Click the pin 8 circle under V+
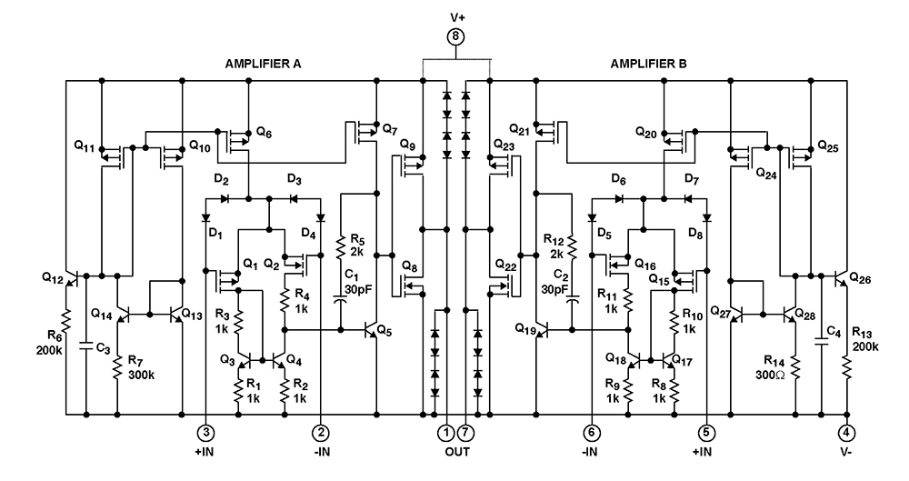[x=456, y=37]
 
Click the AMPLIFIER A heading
[x=263, y=65]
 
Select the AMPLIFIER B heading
[x=649, y=65]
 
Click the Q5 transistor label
[x=385, y=329]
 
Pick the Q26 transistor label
[x=861, y=278]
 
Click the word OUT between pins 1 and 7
[x=456, y=451]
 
